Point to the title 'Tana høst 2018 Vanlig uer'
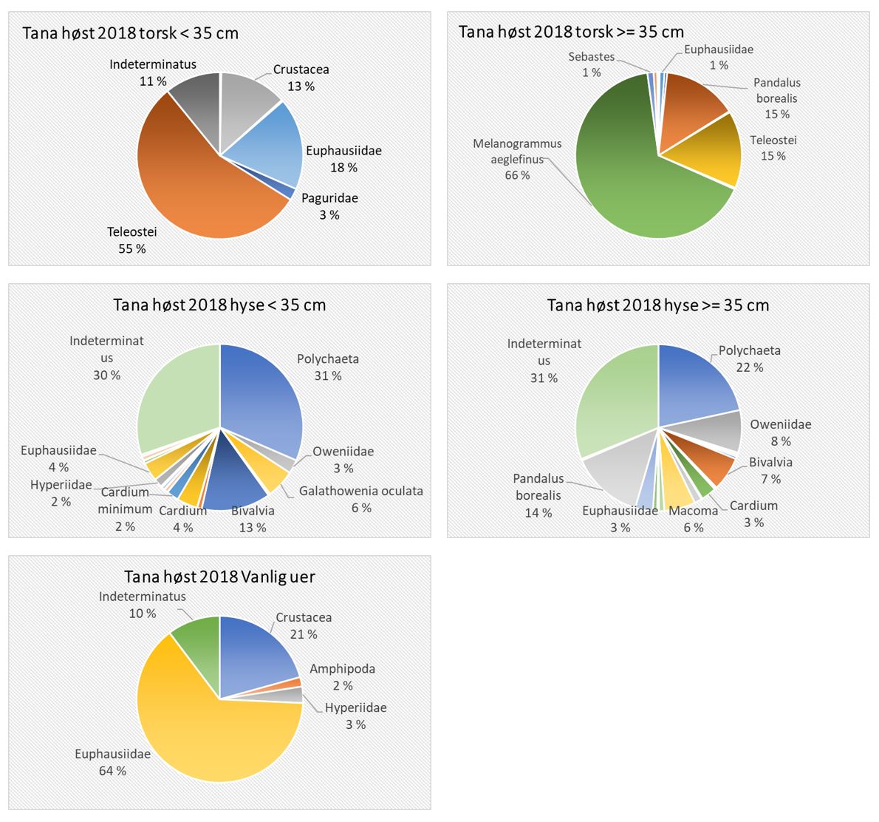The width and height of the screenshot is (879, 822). point(219,577)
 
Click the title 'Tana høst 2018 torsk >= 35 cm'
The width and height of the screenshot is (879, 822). point(571,32)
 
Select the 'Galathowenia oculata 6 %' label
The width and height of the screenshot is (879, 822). point(360,499)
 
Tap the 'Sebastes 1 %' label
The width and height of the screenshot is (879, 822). point(591,64)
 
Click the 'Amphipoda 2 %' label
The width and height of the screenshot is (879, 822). point(342,676)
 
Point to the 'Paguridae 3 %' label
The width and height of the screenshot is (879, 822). point(329,206)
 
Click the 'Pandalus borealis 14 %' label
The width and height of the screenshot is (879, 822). point(538,495)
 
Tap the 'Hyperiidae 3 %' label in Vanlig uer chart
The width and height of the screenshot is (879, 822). point(355,716)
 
